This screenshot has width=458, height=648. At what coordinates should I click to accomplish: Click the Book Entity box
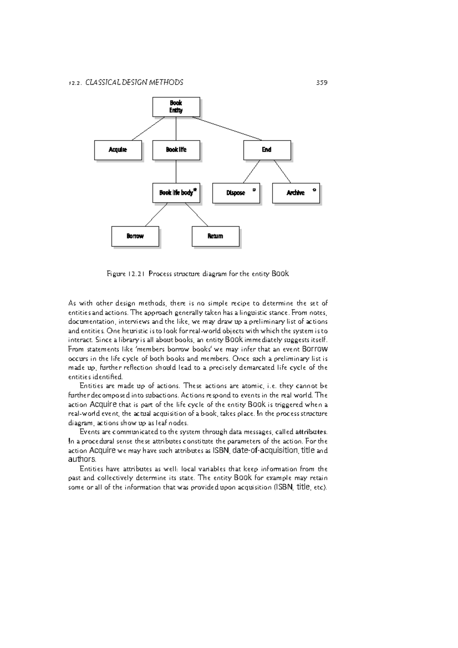(x=176, y=107)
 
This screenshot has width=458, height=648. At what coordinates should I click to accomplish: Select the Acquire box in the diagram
(x=118, y=150)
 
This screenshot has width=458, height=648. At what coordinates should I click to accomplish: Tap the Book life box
(x=176, y=150)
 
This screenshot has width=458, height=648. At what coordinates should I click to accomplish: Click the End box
(x=267, y=150)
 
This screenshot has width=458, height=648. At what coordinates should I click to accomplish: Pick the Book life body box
(x=176, y=193)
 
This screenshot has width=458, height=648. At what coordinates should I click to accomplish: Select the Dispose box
(x=236, y=193)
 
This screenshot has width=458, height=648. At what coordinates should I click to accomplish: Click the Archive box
(x=296, y=193)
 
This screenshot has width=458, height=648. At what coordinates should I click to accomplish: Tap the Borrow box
(x=135, y=236)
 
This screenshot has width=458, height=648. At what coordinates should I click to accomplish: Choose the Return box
(x=215, y=236)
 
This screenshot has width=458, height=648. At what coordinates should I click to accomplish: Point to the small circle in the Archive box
(x=314, y=189)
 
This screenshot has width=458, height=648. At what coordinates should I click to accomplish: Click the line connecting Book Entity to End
(x=227, y=129)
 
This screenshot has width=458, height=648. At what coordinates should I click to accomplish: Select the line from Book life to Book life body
(x=176, y=172)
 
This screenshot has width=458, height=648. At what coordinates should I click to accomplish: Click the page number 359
(x=322, y=82)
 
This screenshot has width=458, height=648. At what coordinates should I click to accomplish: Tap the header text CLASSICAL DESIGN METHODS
(x=134, y=82)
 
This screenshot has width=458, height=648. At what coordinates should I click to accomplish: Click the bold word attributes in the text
(x=311, y=432)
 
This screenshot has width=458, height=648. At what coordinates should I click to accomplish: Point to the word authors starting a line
(x=81, y=459)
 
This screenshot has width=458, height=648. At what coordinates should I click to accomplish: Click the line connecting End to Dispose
(x=252, y=171)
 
